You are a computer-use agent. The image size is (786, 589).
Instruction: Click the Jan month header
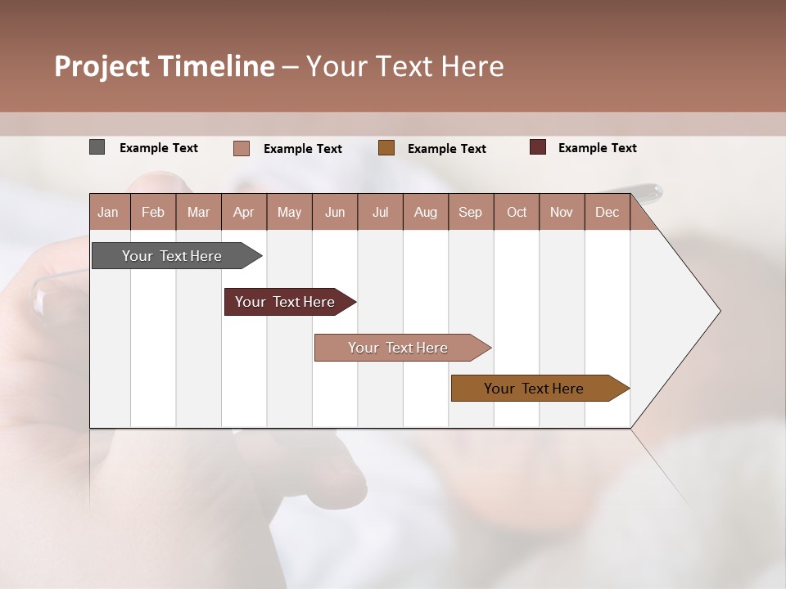[108, 212]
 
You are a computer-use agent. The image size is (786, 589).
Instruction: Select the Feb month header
[153, 212]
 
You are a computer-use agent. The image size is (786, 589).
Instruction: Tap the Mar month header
[198, 212]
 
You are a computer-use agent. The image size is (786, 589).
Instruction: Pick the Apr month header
[243, 212]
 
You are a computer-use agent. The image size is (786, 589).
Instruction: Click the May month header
[289, 212]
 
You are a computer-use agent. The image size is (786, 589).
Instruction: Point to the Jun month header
[335, 212]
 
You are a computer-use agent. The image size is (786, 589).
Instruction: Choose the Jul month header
[380, 212]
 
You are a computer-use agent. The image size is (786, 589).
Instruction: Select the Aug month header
[426, 212]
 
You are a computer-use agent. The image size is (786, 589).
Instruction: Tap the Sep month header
[471, 212]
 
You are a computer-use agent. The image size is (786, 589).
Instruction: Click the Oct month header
[517, 212]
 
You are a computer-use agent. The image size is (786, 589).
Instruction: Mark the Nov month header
[562, 212]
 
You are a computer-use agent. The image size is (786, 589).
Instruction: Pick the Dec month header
[607, 212]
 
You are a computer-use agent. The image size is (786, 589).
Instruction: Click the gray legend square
[97, 147]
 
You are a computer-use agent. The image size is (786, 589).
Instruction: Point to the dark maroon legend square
[537, 147]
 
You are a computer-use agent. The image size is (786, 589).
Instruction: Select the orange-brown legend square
[386, 148]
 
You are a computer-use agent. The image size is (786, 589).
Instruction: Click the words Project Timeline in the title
[165, 66]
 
